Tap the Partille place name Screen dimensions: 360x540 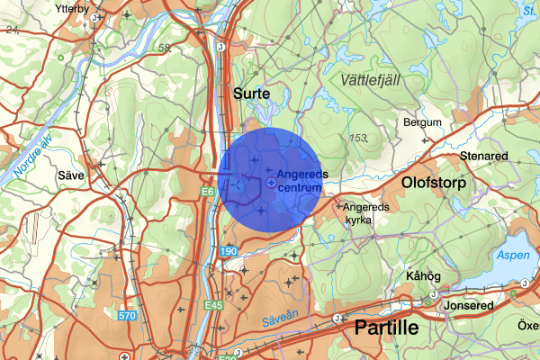click(x=387, y=328)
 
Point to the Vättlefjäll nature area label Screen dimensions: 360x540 click(x=371, y=80)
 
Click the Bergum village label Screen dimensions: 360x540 click(x=423, y=122)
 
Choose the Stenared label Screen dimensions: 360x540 click(x=483, y=156)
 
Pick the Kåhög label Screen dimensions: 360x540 click(x=424, y=275)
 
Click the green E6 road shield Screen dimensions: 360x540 click(x=209, y=192)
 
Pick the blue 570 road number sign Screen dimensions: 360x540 click(x=126, y=316)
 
